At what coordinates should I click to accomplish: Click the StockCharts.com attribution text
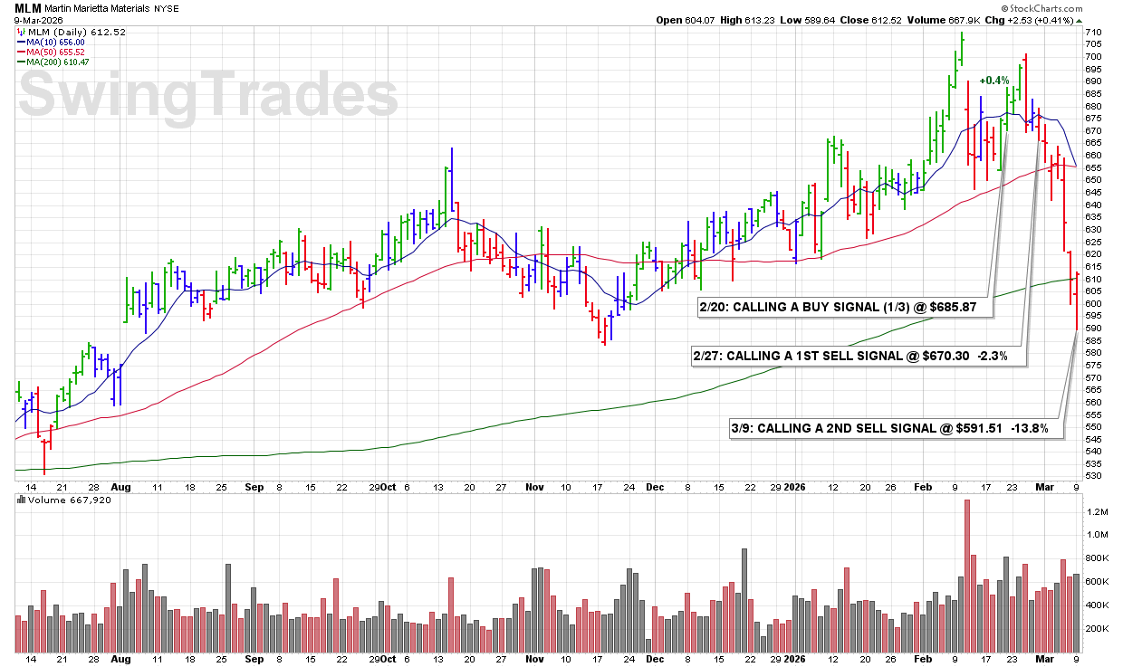[x=1065, y=7]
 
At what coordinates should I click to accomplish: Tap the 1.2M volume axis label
[x=1097, y=511]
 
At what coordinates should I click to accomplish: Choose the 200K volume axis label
[x=1097, y=628]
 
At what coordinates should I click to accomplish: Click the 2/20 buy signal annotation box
[x=843, y=308]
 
